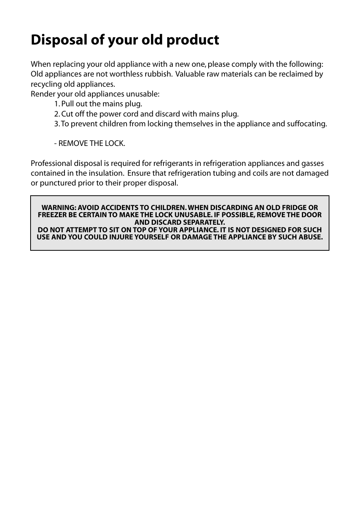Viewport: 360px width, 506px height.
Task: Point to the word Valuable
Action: click(x=189, y=74)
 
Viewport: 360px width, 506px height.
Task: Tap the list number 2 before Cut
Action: click(x=56, y=114)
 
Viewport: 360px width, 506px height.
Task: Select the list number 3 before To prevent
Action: click(x=56, y=124)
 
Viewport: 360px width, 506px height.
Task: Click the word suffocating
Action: click(x=306, y=124)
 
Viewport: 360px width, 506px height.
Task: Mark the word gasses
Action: click(x=312, y=164)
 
